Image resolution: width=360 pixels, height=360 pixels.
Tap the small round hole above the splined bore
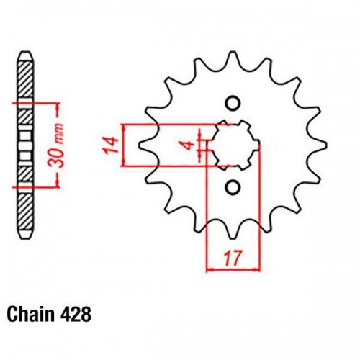pyautogui.click(x=232, y=101)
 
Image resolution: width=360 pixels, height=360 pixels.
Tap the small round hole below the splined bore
pyautogui.click(x=232, y=188)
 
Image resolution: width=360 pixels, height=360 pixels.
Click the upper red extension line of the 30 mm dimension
pyautogui.click(x=40, y=104)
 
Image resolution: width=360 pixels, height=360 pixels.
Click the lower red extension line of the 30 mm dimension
pyautogui.click(x=40, y=187)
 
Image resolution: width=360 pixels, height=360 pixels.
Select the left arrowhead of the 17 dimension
pyautogui.click(x=210, y=271)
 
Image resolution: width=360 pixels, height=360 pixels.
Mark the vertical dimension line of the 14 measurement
pyautogui.click(x=127, y=145)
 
